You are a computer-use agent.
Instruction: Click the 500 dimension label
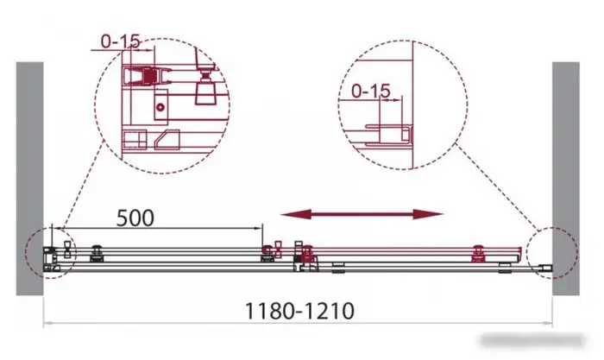[x=135, y=218]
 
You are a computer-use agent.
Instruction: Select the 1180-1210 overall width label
[x=299, y=311]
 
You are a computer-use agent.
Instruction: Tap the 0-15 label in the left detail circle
[x=121, y=41]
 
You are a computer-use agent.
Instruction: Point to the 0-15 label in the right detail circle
[x=371, y=91]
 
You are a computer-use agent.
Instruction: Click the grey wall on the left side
[x=29, y=179]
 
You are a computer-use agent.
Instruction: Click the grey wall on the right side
[x=566, y=179]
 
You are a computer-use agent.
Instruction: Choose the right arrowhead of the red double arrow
[x=428, y=214]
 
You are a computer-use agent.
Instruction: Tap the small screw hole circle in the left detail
[x=160, y=108]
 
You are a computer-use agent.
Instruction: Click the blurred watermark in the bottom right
[x=532, y=341]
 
